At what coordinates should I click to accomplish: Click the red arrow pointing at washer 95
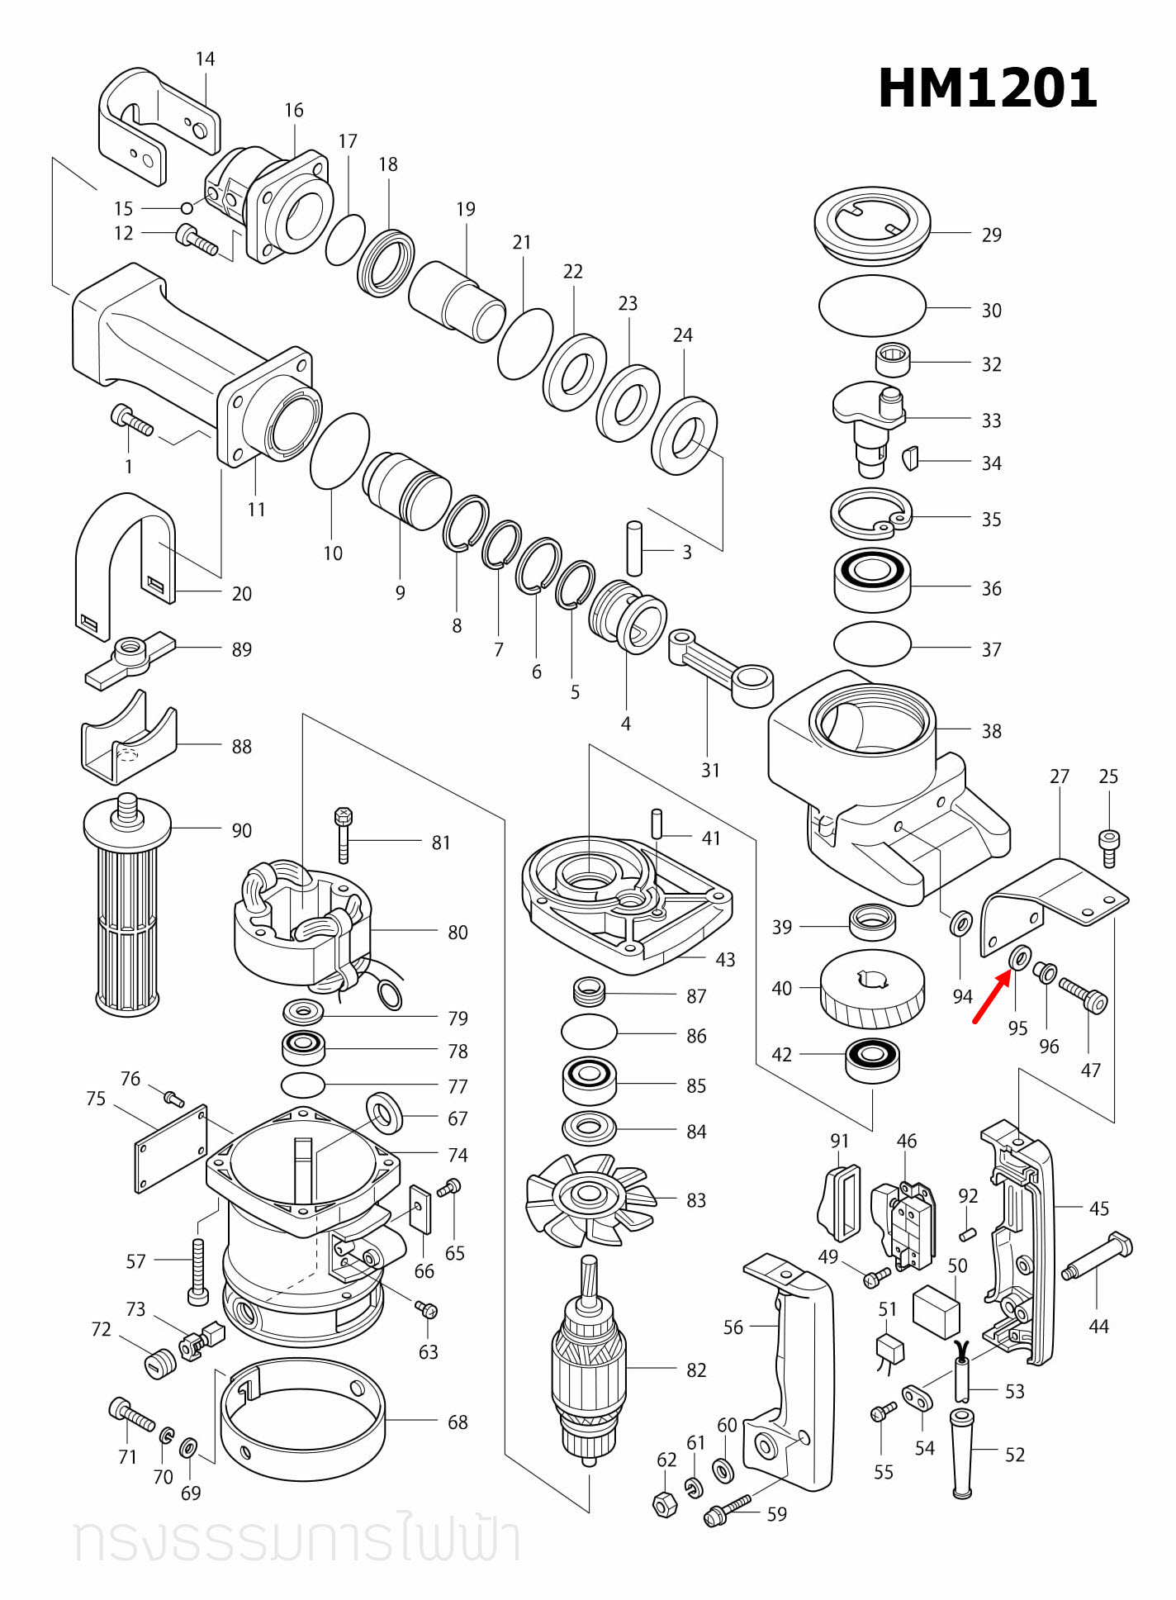pos(990,997)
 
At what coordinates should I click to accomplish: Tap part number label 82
pos(695,1370)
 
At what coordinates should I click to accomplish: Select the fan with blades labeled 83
pos(590,1198)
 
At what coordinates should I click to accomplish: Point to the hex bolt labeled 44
pos(1098,1257)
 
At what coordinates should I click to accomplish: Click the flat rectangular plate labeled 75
pos(171,1149)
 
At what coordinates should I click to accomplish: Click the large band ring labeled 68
pos(302,1419)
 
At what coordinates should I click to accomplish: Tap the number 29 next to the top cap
pos(991,235)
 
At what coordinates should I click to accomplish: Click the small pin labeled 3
pos(634,548)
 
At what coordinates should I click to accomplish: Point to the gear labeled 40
pos(871,988)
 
